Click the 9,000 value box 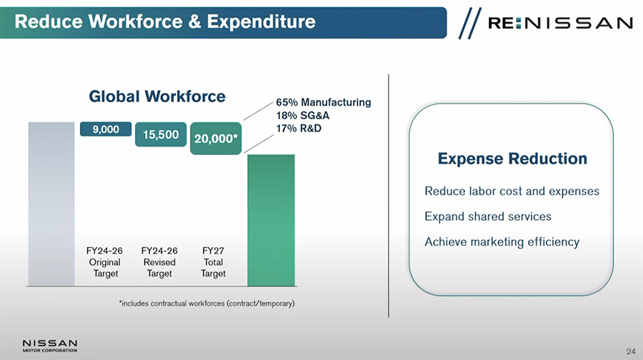[x=106, y=129]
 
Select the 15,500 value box [x=161, y=134]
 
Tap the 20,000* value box [x=216, y=139]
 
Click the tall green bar [x=271, y=220]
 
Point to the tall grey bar [x=51, y=204]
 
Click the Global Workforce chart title [x=157, y=96]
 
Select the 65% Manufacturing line [x=323, y=102]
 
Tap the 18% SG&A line [x=303, y=115]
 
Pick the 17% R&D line [x=299, y=129]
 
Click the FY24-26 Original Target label [x=104, y=262]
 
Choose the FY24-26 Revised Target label [x=159, y=262]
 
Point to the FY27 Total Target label [x=213, y=262]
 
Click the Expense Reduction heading [x=512, y=159]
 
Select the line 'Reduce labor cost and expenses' [x=512, y=191]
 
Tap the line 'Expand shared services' [x=488, y=216]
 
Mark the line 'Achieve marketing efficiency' [x=502, y=242]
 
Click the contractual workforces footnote [x=206, y=304]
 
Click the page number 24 [x=631, y=351]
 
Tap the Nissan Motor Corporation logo [x=49, y=346]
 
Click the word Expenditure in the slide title [x=261, y=21]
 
